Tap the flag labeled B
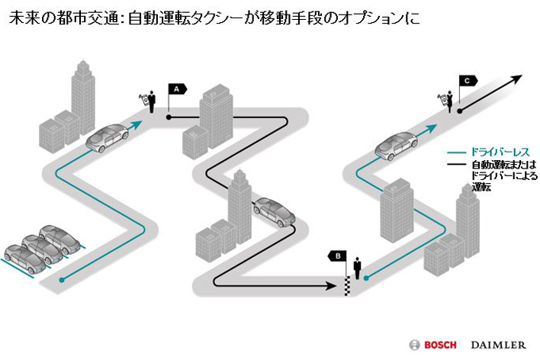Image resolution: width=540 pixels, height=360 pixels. [x=337, y=255]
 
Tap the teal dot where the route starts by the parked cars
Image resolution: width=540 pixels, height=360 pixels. [x=63, y=279]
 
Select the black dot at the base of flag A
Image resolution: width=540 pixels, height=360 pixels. [x=169, y=117]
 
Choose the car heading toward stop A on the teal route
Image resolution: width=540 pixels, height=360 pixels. [x=108, y=137]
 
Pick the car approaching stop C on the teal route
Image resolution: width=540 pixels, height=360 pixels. [x=396, y=146]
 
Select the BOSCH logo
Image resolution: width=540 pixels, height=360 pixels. [x=435, y=344]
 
